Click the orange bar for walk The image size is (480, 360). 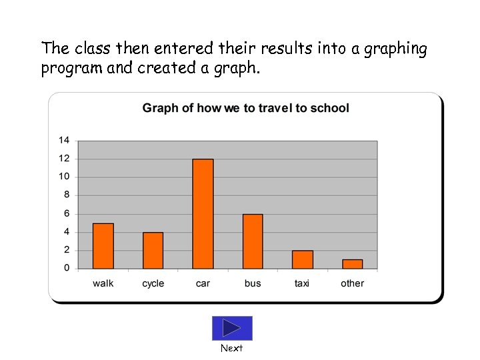tap(103, 246)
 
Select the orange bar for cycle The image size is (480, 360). tap(153, 251)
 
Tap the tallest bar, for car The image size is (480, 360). tap(203, 214)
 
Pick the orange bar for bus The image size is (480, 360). tap(253, 241)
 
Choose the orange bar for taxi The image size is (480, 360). tap(302, 259)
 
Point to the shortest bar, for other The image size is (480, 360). tap(352, 264)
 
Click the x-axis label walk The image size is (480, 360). tap(103, 283)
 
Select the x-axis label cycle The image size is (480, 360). tap(153, 283)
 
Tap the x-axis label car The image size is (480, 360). tap(203, 283)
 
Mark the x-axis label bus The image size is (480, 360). tap(253, 283)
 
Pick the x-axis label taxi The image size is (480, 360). tap(302, 283)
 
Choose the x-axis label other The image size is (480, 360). tap(352, 283)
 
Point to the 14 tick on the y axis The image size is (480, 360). tap(64, 140)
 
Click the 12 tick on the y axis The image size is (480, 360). tap(64, 159)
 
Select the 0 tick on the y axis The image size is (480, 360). tap(67, 268)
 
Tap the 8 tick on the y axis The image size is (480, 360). tap(67, 195)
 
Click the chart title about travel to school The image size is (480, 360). tap(245, 108)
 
